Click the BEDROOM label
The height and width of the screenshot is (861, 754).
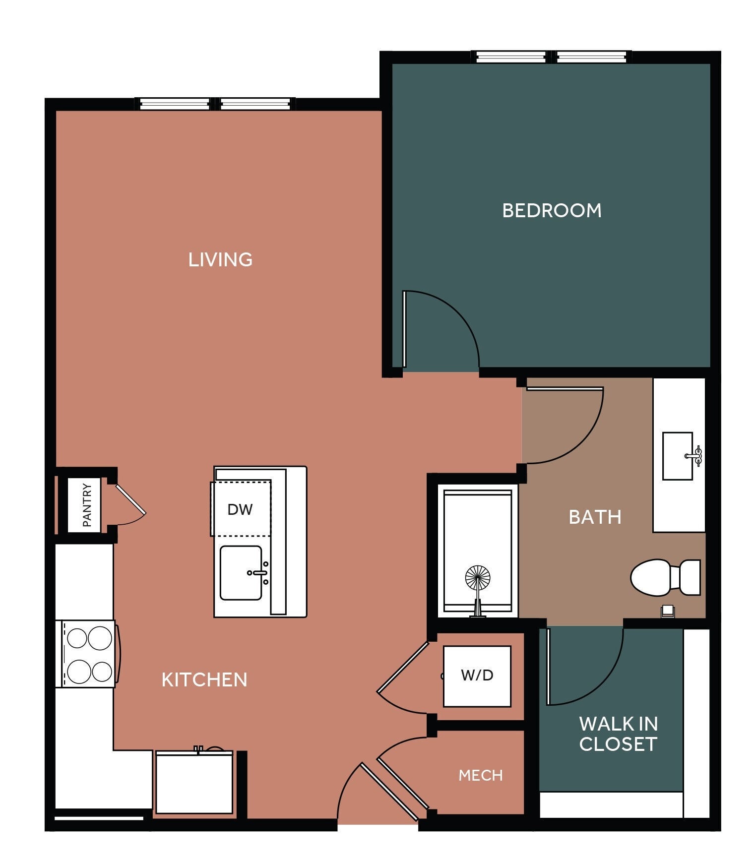tap(552, 211)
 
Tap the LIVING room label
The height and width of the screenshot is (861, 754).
tap(220, 260)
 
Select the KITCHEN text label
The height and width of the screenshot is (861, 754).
tap(204, 679)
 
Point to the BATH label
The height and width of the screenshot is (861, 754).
tap(595, 517)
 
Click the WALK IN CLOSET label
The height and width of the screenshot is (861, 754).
tap(618, 734)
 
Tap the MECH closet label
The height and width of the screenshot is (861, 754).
tap(480, 775)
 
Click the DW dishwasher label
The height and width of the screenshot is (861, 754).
tap(240, 509)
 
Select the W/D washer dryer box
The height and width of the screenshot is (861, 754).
tap(477, 676)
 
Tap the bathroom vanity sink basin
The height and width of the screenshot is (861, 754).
tap(677, 456)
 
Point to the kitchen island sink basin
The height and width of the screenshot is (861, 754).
tap(241, 573)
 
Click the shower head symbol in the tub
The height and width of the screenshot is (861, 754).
tap(478, 578)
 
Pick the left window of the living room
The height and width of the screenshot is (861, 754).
tap(174, 104)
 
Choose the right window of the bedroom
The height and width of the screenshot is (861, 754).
tap(590, 57)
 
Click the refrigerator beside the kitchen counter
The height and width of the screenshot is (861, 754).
tap(194, 782)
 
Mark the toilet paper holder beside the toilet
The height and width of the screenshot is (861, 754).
tap(668, 611)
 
